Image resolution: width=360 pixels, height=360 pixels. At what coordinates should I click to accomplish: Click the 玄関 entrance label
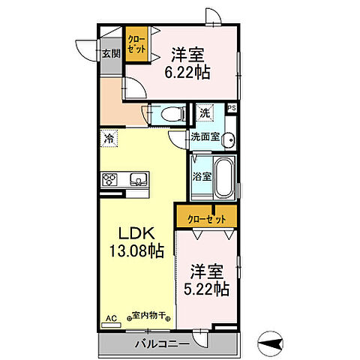point(111,53)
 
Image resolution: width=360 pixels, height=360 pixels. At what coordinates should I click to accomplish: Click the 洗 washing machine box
point(205,113)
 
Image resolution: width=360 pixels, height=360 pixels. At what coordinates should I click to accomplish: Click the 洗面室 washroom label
point(204,136)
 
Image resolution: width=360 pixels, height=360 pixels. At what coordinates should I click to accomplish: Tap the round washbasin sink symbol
point(229,139)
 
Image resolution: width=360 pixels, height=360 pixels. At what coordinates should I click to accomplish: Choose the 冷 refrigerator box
point(109,138)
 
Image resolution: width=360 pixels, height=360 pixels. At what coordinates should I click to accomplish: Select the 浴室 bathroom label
point(201,177)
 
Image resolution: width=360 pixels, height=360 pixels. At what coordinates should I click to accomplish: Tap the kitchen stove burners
point(109,178)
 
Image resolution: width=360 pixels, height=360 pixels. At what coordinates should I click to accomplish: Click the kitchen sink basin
point(139,178)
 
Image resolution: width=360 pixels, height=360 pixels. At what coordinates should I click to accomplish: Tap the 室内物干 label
point(150,316)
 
